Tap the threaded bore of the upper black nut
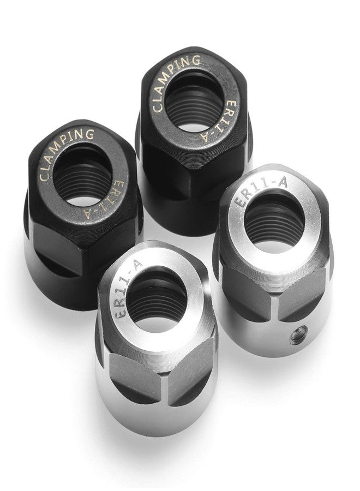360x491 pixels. [194, 101]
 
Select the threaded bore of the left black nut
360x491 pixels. [83, 177]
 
